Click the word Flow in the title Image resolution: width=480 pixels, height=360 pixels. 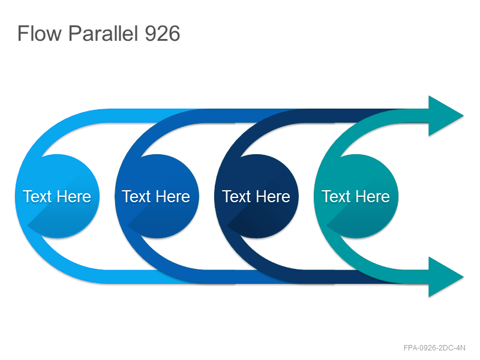tap(40, 33)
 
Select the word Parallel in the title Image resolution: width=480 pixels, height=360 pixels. tap(103, 33)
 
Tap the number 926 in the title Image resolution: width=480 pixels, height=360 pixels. tap(162, 33)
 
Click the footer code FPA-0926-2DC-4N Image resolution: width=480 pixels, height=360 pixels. tap(434, 348)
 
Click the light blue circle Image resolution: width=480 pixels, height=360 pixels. tap(57, 196)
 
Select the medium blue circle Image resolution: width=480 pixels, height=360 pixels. tap(157, 196)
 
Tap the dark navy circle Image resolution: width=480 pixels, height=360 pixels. tap(257, 196)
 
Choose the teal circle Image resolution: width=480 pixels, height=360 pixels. tap(356, 196)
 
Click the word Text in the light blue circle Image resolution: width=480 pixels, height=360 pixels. tap(37, 196)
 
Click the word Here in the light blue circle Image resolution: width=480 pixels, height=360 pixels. tap(74, 196)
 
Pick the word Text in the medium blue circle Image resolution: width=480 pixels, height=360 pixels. tap(137, 196)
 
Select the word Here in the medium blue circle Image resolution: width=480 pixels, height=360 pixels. tap(173, 196)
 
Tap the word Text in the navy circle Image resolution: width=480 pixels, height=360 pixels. tap(236, 196)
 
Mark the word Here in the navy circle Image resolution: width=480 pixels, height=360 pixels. tap(273, 196)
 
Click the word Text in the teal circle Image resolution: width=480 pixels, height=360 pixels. tap(336, 196)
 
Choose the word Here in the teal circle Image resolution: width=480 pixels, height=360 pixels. tap(373, 196)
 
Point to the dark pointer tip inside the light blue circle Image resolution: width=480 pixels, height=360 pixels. tap(28, 226)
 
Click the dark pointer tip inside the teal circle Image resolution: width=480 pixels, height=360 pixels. tap(326, 226)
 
